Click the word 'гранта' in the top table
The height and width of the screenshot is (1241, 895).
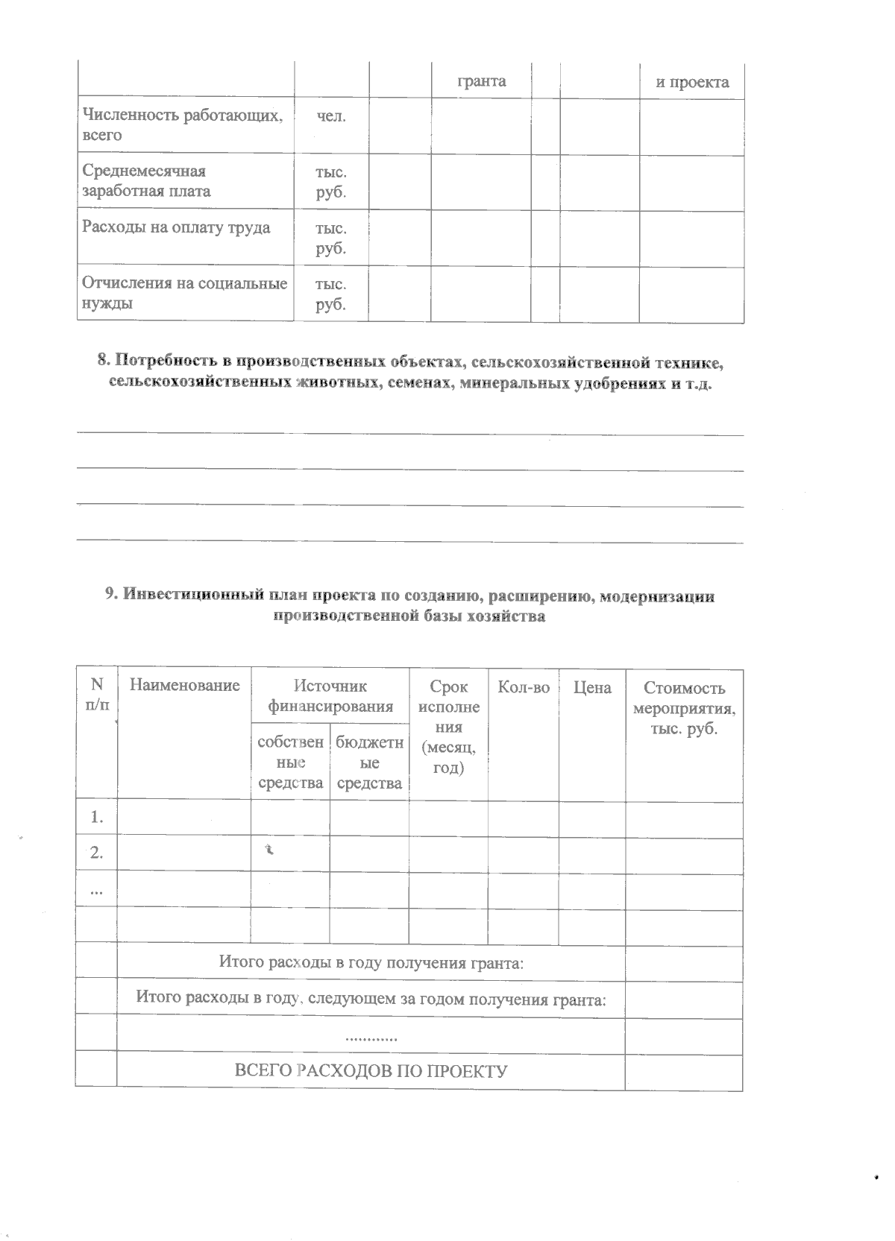(481, 81)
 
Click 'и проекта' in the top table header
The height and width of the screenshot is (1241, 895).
(692, 82)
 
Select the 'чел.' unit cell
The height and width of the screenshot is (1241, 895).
(331, 117)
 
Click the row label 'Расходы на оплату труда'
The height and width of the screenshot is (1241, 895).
(176, 227)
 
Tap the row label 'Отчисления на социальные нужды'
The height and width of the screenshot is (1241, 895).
(184, 293)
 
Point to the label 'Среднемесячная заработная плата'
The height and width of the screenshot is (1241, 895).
(146, 181)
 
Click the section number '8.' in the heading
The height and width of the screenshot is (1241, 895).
(104, 362)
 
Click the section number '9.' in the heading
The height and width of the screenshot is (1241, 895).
(111, 595)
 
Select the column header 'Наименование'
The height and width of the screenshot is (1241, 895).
(184, 686)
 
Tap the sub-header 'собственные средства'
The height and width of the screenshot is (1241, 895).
(290, 762)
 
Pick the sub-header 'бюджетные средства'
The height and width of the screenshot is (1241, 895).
(369, 762)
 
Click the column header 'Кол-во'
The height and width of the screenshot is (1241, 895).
(524, 687)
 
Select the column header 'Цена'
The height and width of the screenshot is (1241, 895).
(592, 687)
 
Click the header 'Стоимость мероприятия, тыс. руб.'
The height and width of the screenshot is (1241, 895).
(684, 708)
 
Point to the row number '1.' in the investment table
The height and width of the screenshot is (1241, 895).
(96, 818)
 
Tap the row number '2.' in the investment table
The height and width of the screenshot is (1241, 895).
(96, 853)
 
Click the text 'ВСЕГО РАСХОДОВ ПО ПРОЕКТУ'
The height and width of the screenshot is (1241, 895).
(371, 1071)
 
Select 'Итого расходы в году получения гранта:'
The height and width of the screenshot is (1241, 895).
(371, 962)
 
